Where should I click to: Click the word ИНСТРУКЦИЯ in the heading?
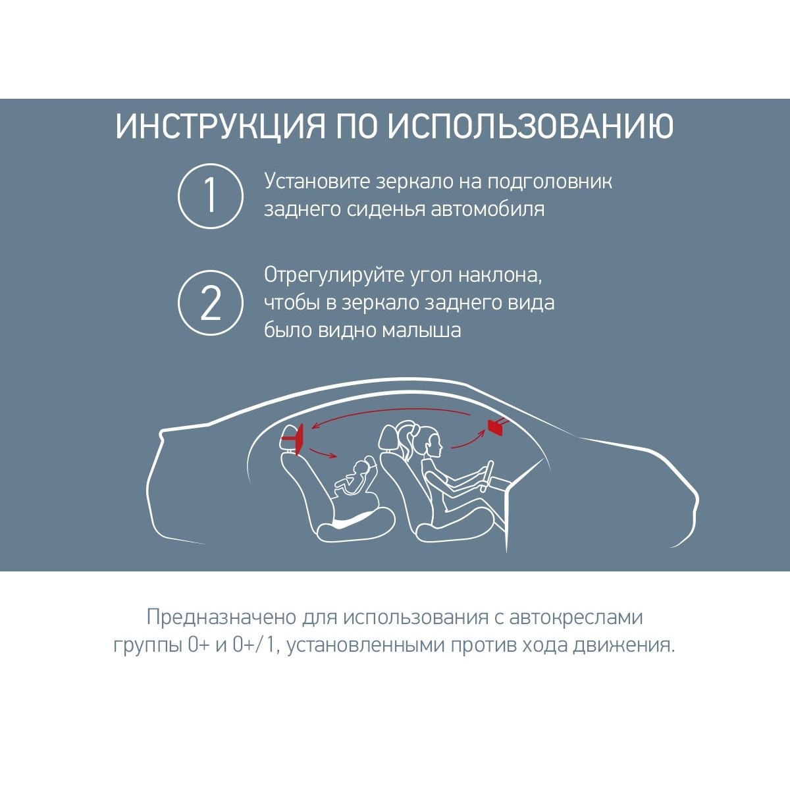point(221,126)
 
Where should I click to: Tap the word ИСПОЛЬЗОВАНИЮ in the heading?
point(531,126)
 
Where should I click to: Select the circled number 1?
point(210,196)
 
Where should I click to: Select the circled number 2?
point(210,303)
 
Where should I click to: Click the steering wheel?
point(487,476)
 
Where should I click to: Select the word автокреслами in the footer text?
point(576,629)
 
